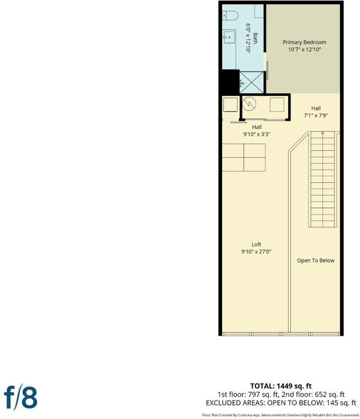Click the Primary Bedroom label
pos(304,42)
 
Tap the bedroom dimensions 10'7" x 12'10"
pos(304,49)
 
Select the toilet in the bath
pos(230,16)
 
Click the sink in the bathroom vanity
pos(229,37)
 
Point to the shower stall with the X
pos(251,82)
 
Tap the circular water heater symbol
pos(249,104)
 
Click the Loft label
pos(256,244)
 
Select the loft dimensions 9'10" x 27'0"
pos(256,251)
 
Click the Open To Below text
pos(316,261)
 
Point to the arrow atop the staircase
pos(323,133)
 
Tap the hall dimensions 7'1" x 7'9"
pos(316,116)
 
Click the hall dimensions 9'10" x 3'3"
pos(257,134)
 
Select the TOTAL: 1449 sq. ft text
pos(281,386)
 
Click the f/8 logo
pos(20,397)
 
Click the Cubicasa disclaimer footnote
pos(281,415)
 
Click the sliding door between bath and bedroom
pos(267,71)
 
